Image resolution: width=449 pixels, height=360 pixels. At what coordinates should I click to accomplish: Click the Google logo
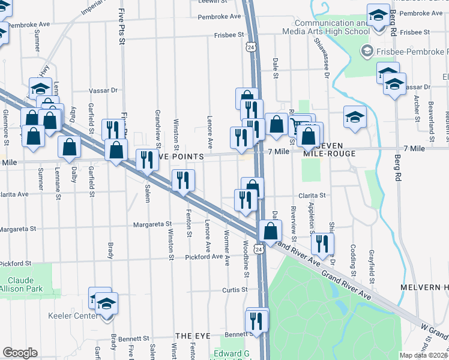point(20,353)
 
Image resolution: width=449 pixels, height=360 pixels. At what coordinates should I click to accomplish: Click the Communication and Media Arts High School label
point(324,27)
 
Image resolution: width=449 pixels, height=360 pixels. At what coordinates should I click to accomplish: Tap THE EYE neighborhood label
point(191,337)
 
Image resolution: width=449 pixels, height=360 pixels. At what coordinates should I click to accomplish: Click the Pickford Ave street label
point(203,257)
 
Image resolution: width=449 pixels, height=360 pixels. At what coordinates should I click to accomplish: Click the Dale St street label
point(276,68)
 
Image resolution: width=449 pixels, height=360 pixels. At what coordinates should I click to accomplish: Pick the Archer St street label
point(415,104)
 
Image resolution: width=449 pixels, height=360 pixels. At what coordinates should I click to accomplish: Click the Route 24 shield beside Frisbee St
point(249,46)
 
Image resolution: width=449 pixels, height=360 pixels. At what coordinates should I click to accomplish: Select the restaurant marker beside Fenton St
point(183,179)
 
